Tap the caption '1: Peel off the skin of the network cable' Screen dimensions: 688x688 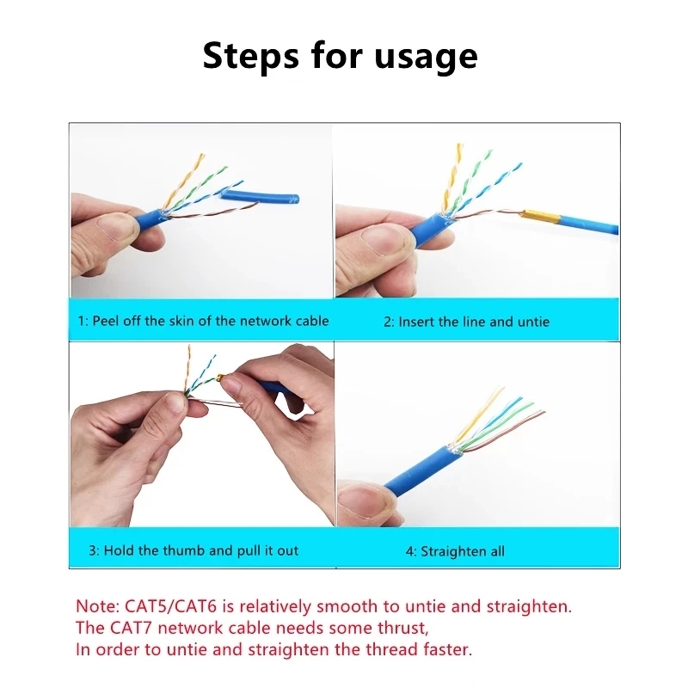click(204, 321)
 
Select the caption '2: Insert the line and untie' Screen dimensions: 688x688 click(465, 322)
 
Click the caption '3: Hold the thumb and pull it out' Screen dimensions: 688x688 click(193, 550)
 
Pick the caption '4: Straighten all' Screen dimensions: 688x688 click(455, 551)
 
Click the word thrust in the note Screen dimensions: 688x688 click(399, 628)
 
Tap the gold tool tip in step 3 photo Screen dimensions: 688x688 click(224, 377)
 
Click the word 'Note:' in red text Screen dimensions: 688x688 click(96, 606)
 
